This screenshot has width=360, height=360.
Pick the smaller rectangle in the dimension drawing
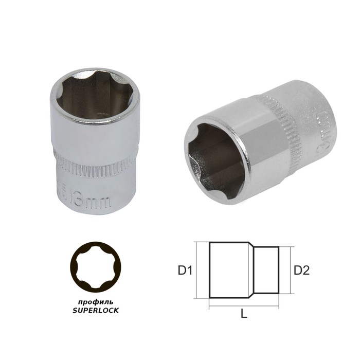pyautogui.click(x=267, y=269)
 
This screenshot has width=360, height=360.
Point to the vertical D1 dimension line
pyautogui.click(x=198, y=269)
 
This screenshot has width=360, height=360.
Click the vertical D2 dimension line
pyautogui.click(x=291, y=269)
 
